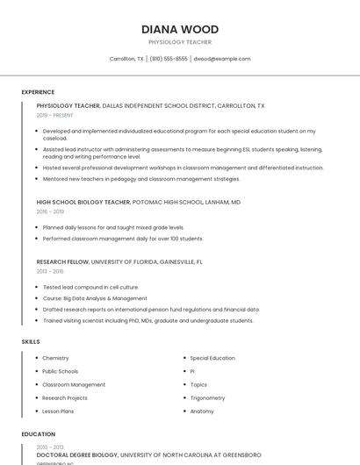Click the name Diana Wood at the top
[x=180, y=29]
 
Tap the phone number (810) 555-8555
[x=169, y=59]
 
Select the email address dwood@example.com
[x=222, y=59]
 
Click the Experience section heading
[x=38, y=91]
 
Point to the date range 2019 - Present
[x=54, y=115]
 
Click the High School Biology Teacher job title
[x=83, y=202]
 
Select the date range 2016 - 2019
[x=50, y=211]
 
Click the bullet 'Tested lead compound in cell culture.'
[x=90, y=287]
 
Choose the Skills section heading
[x=30, y=341]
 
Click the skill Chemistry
[x=55, y=358]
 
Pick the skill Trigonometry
[x=208, y=397]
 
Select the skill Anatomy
[x=202, y=411]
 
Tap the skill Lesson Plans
[x=58, y=411]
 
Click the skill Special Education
[x=212, y=358]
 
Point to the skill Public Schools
[x=60, y=371]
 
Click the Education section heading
[x=38, y=433]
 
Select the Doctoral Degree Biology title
[x=77, y=455]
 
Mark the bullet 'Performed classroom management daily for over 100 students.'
[x=123, y=238]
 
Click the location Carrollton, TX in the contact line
[x=126, y=59]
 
